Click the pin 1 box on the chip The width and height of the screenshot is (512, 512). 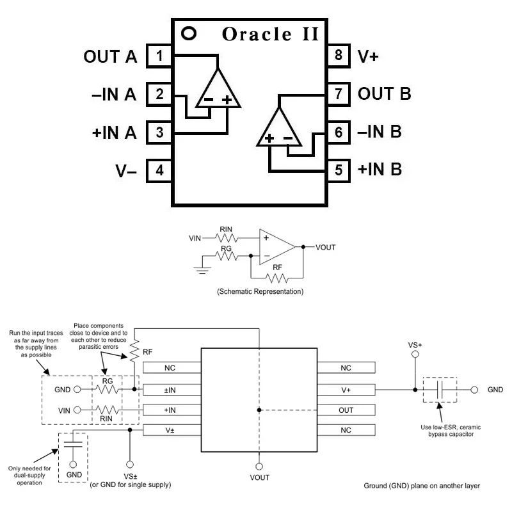point(159,56)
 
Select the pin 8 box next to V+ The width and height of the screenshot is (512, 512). point(338,56)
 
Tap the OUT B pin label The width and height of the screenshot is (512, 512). point(384,94)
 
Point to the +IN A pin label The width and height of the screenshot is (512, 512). point(114,133)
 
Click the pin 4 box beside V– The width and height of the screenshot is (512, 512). point(159,172)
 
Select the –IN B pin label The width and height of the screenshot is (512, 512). point(380,132)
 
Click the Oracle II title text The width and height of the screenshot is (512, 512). point(270,34)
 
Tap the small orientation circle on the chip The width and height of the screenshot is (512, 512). point(189,32)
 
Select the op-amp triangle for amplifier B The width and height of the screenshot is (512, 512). point(279,128)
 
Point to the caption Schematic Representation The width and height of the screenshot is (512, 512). point(260,291)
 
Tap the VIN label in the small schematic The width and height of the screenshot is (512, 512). point(195,238)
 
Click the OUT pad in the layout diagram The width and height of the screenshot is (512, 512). point(346,410)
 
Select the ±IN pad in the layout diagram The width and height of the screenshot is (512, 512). point(170,389)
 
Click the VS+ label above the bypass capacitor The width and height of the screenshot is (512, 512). point(415,345)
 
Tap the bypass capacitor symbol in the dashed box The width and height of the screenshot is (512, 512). point(440,389)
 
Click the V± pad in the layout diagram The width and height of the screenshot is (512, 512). point(170,430)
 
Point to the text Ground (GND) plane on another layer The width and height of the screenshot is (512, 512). point(421,486)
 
